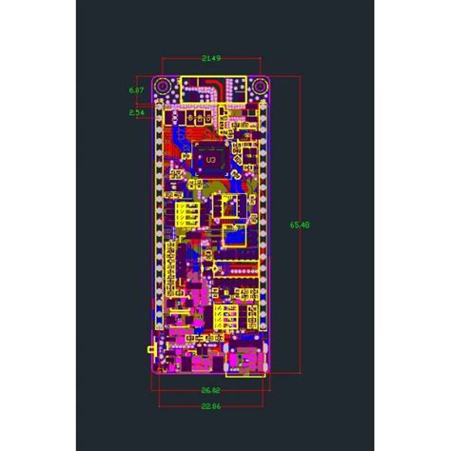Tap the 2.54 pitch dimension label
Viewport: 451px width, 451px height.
[136, 112]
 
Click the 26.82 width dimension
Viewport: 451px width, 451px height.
[211, 389]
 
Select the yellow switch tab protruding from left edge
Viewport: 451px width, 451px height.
[153, 352]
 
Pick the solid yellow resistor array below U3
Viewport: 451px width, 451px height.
[188, 212]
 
